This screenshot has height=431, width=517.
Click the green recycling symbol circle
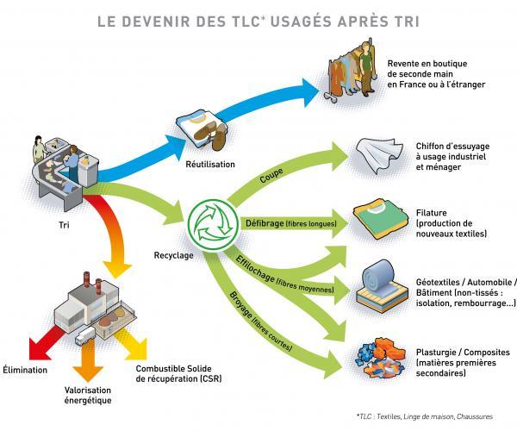(x=212, y=223)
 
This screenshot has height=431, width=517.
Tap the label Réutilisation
(x=210, y=165)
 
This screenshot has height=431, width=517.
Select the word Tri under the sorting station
(x=64, y=225)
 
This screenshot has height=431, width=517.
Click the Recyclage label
(x=173, y=255)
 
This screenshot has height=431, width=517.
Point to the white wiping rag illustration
(x=379, y=155)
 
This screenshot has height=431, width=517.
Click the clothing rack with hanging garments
(x=351, y=70)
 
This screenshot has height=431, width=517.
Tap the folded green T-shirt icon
(x=377, y=219)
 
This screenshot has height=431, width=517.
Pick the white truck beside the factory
(x=85, y=335)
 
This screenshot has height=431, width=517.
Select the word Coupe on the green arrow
(x=271, y=176)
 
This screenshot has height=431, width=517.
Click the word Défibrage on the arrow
(x=265, y=223)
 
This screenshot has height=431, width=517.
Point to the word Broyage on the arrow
(x=240, y=304)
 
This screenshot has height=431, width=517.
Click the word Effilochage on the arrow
(x=255, y=270)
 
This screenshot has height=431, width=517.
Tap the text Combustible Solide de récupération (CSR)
(x=178, y=373)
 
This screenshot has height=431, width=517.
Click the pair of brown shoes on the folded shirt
(x=210, y=134)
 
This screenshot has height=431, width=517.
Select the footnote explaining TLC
(x=424, y=416)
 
